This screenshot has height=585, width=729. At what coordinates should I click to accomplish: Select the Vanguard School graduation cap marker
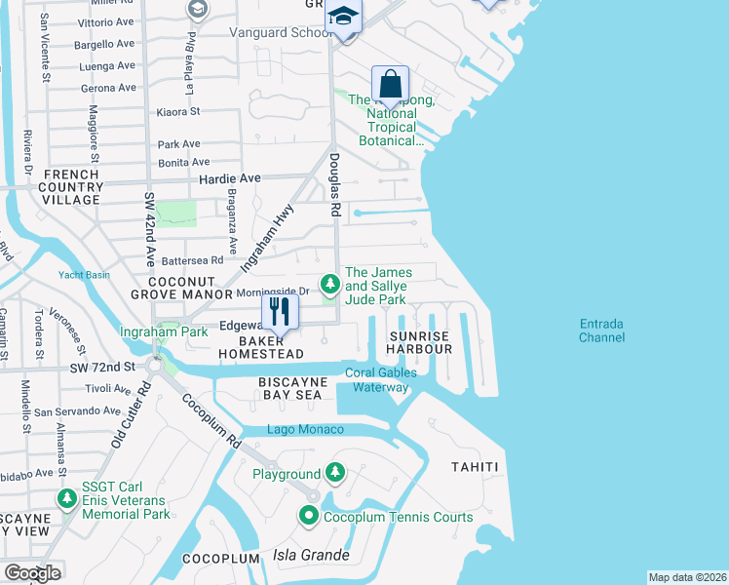pos(343,17)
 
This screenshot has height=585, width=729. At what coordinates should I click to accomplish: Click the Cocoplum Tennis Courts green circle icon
pos(310,517)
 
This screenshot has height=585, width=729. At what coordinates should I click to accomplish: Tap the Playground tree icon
pos(335,474)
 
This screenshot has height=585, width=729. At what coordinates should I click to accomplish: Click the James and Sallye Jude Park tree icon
pos(331,284)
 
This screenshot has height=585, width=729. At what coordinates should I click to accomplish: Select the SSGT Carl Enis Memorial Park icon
pos(67,499)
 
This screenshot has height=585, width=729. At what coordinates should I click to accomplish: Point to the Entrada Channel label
pos(601,331)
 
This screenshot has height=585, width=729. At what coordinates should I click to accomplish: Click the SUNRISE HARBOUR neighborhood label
pos(419,342)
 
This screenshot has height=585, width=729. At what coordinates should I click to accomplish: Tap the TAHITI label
pos(475,467)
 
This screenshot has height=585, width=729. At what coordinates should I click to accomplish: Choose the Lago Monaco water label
pos(306,430)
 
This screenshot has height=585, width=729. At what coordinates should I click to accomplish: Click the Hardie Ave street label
pos(230,179)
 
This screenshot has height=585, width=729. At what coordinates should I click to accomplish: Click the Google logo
pos(32,573)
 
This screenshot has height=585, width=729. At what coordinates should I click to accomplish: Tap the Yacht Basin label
pos(83,275)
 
